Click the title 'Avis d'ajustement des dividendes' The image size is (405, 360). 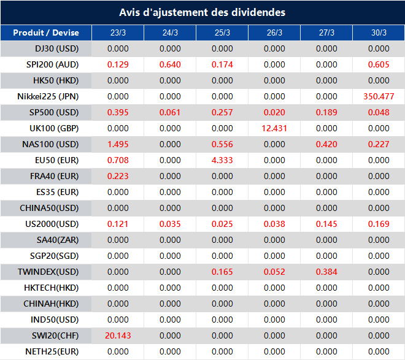click(x=202, y=12)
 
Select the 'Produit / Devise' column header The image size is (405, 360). click(x=47, y=33)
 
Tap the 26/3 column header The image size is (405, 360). click(x=274, y=33)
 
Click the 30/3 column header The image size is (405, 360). click(x=379, y=33)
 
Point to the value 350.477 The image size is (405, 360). click(x=379, y=96)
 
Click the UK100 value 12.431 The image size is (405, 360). click(x=274, y=128)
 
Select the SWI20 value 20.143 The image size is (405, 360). click(x=118, y=335)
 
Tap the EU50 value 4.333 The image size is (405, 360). click(x=222, y=160)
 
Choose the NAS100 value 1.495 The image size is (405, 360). click(x=118, y=144)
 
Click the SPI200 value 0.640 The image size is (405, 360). click(x=170, y=64)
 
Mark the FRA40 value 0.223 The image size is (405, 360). click(x=118, y=176)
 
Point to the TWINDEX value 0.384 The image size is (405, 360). click(x=326, y=272)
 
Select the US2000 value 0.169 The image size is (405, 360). click(x=379, y=224)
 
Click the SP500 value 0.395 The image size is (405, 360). click(x=118, y=112)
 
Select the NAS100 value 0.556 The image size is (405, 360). click(x=222, y=144)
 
